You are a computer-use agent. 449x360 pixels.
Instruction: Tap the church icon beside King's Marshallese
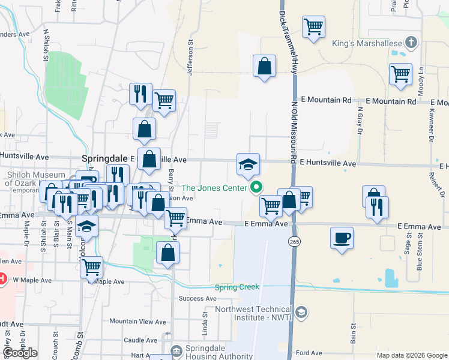pyautogui.click(x=411, y=43)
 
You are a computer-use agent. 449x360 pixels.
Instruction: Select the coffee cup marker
pyautogui.click(x=342, y=237)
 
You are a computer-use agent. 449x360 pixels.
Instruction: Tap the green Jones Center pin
pyautogui.click(x=258, y=188)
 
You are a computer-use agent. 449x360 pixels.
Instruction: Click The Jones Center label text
pyautogui.click(x=214, y=188)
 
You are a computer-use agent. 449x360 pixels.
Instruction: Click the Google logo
pyautogui.click(x=20, y=353)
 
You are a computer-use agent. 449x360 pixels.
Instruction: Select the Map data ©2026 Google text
pyautogui.click(x=411, y=355)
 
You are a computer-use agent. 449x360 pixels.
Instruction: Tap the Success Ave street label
pyautogui.click(x=197, y=298)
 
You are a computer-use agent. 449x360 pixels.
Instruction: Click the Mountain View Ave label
pyautogui.click(x=137, y=322)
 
